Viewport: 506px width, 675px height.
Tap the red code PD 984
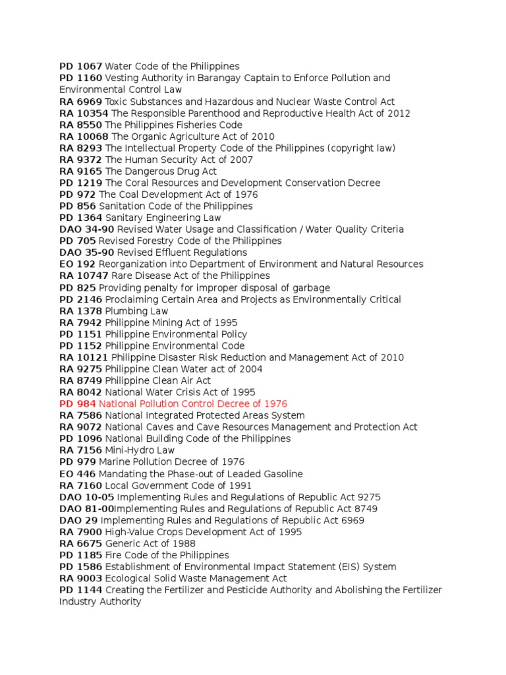(x=78, y=403)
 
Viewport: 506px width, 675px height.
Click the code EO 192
(x=77, y=264)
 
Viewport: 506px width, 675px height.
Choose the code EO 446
(x=77, y=474)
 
